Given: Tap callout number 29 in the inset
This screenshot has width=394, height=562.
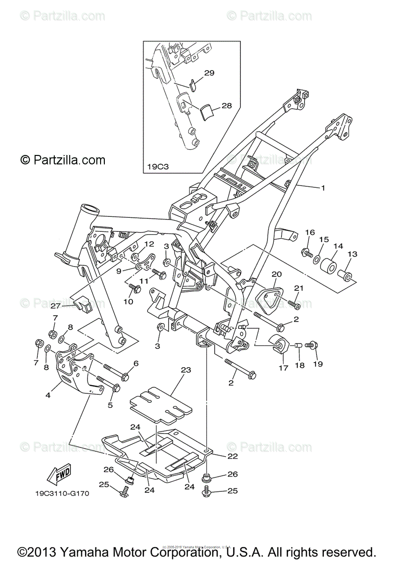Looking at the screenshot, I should coord(209,73).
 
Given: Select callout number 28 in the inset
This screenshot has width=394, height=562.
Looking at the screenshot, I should coord(226,106).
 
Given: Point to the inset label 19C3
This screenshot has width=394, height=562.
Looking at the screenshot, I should coord(156,166).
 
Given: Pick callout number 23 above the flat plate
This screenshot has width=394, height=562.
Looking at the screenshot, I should coord(186,370).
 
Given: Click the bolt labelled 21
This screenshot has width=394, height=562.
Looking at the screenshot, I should coord(295,305).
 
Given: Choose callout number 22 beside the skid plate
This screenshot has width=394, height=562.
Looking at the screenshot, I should coord(233,456).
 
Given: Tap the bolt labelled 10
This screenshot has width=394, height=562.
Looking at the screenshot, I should coord(135,289).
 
